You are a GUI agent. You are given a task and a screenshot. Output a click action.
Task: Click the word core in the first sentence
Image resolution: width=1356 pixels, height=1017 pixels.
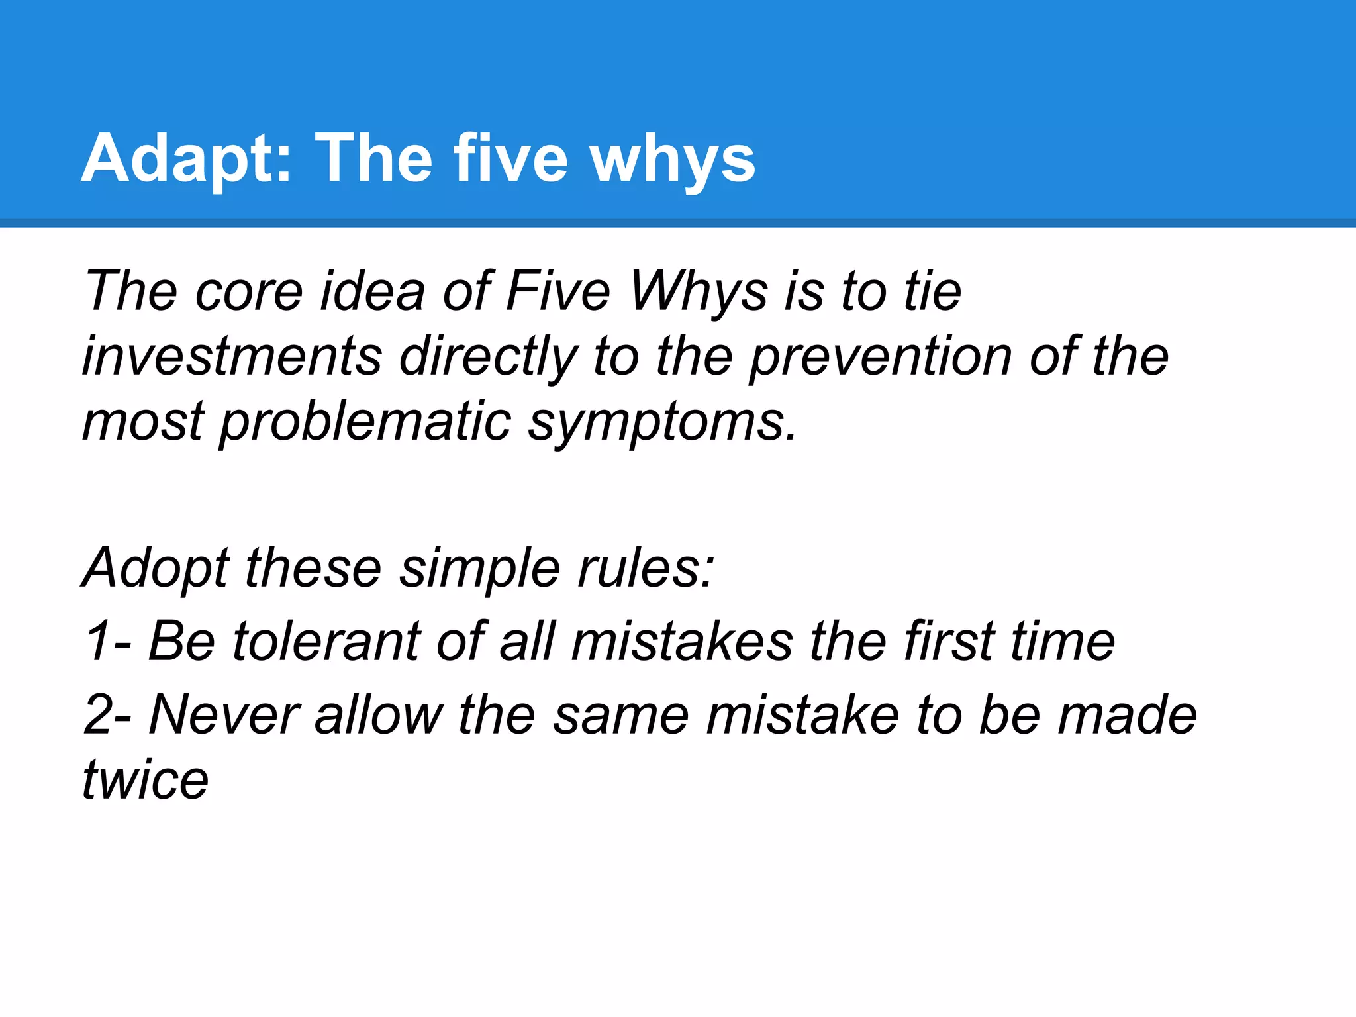coord(248,291)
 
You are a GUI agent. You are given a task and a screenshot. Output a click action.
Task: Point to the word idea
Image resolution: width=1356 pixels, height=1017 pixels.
coord(372,291)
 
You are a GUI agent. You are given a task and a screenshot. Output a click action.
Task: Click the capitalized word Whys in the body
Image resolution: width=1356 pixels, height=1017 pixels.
coord(698,291)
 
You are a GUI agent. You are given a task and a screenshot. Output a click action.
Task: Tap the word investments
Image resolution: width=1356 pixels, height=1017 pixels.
coord(232,356)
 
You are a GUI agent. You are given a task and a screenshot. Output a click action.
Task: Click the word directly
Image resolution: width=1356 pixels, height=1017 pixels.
coord(489,356)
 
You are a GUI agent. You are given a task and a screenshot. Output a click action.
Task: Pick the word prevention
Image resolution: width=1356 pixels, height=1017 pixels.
coord(881,356)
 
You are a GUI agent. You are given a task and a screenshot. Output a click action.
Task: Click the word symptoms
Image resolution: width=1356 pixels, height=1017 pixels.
coord(661,422)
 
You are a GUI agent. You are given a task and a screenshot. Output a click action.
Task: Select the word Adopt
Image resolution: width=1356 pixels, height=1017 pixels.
coord(156,568)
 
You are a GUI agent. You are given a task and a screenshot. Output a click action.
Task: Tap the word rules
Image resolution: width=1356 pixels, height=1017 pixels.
coord(646,568)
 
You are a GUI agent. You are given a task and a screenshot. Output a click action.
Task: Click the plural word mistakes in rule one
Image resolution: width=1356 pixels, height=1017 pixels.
coord(682,641)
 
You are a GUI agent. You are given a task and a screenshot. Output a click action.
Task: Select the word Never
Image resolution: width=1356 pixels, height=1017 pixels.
coord(224,715)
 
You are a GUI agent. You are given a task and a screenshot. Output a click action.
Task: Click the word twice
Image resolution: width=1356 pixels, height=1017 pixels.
coord(146,780)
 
